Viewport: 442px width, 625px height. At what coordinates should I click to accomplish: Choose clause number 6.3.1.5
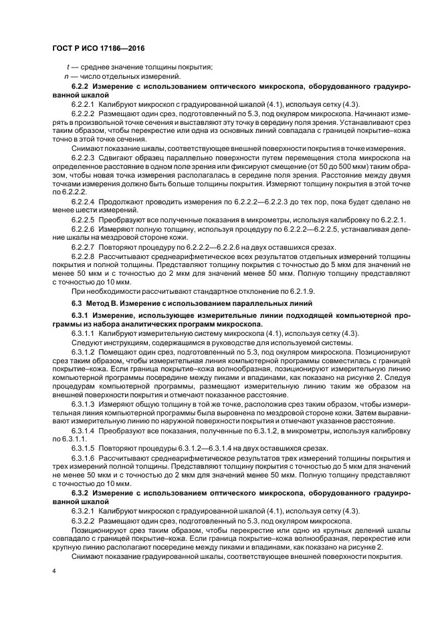coord(83,447)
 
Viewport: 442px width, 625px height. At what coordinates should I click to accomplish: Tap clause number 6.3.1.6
coord(83,457)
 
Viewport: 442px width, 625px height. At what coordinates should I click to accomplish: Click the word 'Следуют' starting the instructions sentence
coord(86,342)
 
